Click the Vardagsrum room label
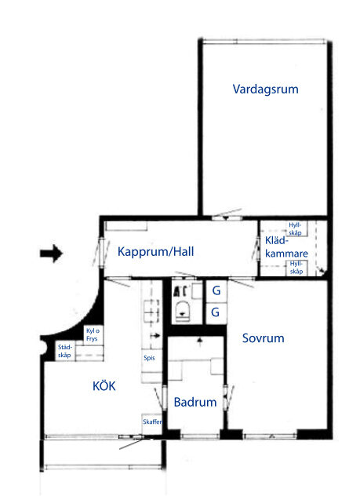(265, 89)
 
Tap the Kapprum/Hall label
(155, 252)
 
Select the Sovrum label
(264, 338)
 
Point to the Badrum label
(195, 402)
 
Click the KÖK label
(104, 385)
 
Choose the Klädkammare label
(286, 247)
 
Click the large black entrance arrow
(51, 254)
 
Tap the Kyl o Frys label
(93, 335)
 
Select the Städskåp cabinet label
(64, 351)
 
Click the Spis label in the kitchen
(149, 358)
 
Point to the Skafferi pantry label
(152, 422)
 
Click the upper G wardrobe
(216, 290)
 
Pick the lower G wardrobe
(216, 312)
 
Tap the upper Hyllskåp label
(295, 229)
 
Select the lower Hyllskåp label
(296, 268)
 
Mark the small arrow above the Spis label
(155, 335)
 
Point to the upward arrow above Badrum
(200, 341)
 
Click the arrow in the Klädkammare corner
(322, 272)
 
